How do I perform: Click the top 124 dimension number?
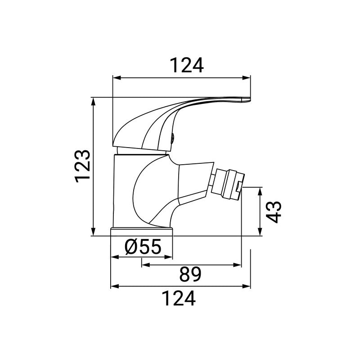(187, 66)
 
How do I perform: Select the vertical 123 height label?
(84, 166)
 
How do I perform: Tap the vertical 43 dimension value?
(274, 211)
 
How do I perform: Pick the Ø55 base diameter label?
(143, 247)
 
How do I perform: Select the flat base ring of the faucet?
(142, 231)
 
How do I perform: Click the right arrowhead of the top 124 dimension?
(247, 78)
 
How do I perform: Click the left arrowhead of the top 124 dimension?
(115, 78)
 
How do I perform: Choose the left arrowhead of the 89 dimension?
(144, 265)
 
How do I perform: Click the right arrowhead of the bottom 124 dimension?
(247, 286)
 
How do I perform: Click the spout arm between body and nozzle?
(193, 182)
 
